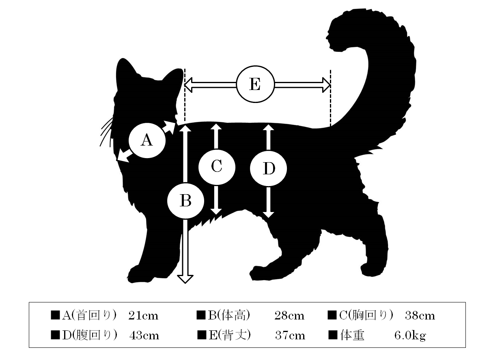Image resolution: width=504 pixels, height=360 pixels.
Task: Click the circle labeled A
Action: [x=147, y=140]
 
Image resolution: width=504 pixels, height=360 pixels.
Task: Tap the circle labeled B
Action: [x=185, y=201]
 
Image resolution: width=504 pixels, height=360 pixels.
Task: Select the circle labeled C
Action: [x=217, y=167]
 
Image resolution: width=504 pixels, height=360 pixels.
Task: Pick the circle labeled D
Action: [x=268, y=168]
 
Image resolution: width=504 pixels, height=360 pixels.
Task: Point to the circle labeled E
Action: [x=255, y=84]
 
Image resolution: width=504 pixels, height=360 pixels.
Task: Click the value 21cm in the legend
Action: [x=143, y=316]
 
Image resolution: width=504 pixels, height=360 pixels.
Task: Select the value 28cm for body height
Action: [x=289, y=316]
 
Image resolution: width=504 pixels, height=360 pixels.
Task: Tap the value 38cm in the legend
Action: [x=420, y=316]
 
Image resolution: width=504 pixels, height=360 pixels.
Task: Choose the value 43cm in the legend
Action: [x=144, y=336]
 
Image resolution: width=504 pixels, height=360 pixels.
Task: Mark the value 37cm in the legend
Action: [x=290, y=336]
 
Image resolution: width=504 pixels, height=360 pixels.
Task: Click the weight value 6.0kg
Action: [x=410, y=336]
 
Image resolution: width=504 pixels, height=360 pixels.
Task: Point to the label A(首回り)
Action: [x=89, y=315]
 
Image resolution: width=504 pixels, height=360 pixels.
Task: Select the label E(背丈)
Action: [x=230, y=335]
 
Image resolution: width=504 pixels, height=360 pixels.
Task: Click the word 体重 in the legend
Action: [x=352, y=335]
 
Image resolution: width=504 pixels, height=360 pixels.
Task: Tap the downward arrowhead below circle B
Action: [x=185, y=279]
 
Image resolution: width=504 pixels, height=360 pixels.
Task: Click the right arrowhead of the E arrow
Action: [x=327, y=85]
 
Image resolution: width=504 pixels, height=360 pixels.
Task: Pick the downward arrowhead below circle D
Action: [x=268, y=214]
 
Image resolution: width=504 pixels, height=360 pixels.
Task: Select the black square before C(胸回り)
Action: [x=332, y=315]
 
